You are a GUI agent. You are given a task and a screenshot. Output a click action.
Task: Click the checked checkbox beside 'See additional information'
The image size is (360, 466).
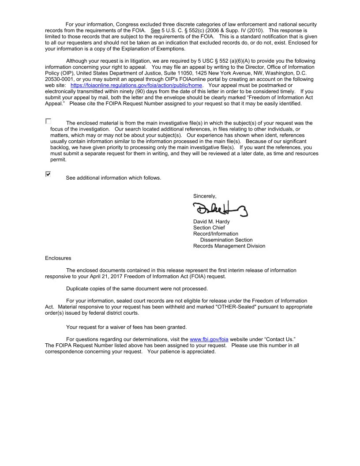48,174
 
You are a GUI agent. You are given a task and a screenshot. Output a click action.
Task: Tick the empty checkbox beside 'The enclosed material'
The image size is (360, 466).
48,121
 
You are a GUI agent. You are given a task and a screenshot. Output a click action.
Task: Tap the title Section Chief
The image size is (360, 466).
209,228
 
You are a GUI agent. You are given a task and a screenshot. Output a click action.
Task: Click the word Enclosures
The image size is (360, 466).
58,258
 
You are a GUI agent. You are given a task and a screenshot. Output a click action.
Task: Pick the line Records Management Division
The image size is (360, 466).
229,246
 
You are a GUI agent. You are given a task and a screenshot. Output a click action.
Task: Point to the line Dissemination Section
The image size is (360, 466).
226,240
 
